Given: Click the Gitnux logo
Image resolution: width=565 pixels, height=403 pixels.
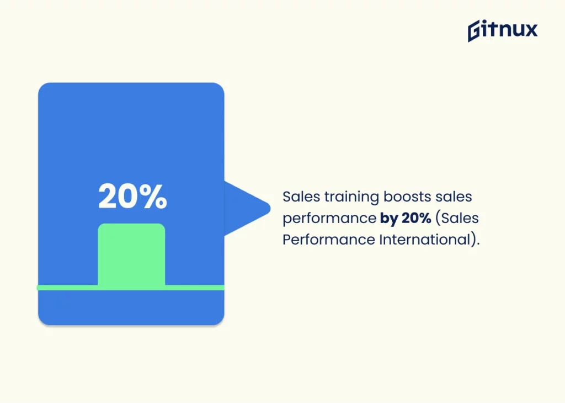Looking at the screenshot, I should tap(502, 30).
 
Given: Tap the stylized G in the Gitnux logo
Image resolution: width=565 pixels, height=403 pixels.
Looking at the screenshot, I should tap(475, 31).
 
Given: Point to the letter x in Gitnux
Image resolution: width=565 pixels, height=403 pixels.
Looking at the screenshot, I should tap(530, 30).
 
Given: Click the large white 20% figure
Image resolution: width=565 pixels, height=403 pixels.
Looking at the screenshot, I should tap(132, 197).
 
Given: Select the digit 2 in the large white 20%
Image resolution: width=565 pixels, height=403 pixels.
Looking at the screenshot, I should tap(108, 197).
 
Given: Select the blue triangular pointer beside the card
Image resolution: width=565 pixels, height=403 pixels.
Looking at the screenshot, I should tap(246, 208).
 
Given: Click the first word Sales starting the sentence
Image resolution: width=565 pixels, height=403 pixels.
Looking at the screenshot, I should tap(301, 197).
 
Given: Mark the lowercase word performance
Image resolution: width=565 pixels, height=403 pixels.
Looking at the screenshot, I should tap(329, 219).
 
